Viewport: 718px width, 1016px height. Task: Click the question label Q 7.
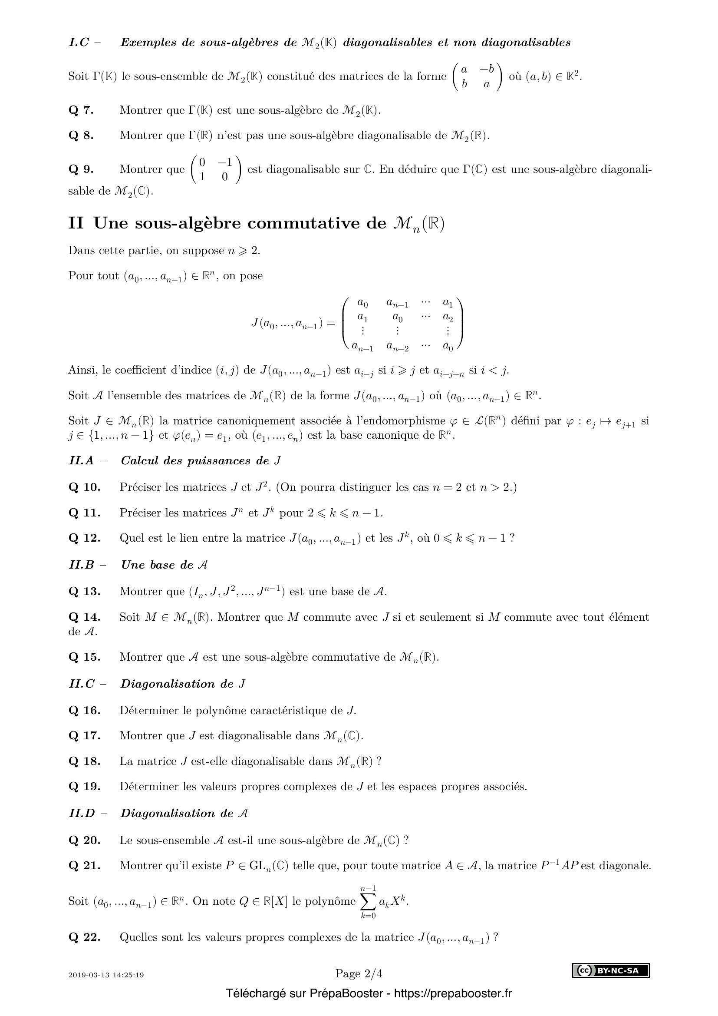coord(81,110)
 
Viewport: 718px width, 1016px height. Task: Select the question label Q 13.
coord(84,591)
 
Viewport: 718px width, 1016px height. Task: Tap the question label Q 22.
coord(84,937)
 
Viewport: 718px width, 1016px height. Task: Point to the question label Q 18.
coord(84,761)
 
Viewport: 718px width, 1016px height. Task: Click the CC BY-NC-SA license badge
coord(611,970)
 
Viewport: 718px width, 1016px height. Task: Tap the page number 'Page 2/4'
coord(359,973)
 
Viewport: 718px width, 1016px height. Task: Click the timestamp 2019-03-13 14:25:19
coord(106,975)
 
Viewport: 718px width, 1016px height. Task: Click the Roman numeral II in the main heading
coord(76,223)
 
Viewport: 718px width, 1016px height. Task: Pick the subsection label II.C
coord(82,684)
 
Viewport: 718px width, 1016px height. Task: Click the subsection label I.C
coord(79,43)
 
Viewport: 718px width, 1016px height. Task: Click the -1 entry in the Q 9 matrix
coord(224,162)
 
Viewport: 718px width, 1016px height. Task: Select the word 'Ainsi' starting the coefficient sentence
coord(82,370)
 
